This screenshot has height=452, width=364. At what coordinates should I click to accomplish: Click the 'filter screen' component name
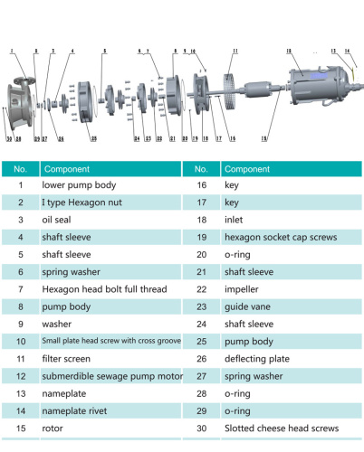click(x=69, y=358)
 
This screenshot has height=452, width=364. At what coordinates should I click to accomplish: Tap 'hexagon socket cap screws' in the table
click(x=280, y=237)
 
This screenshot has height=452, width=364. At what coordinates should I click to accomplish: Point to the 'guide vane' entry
click(x=246, y=306)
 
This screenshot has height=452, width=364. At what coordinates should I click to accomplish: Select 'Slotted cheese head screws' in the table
click(x=282, y=427)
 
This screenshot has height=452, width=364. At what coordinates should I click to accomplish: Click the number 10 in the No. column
click(x=20, y=341)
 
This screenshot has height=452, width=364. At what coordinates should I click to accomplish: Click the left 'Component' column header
click(x=67, y=168)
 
